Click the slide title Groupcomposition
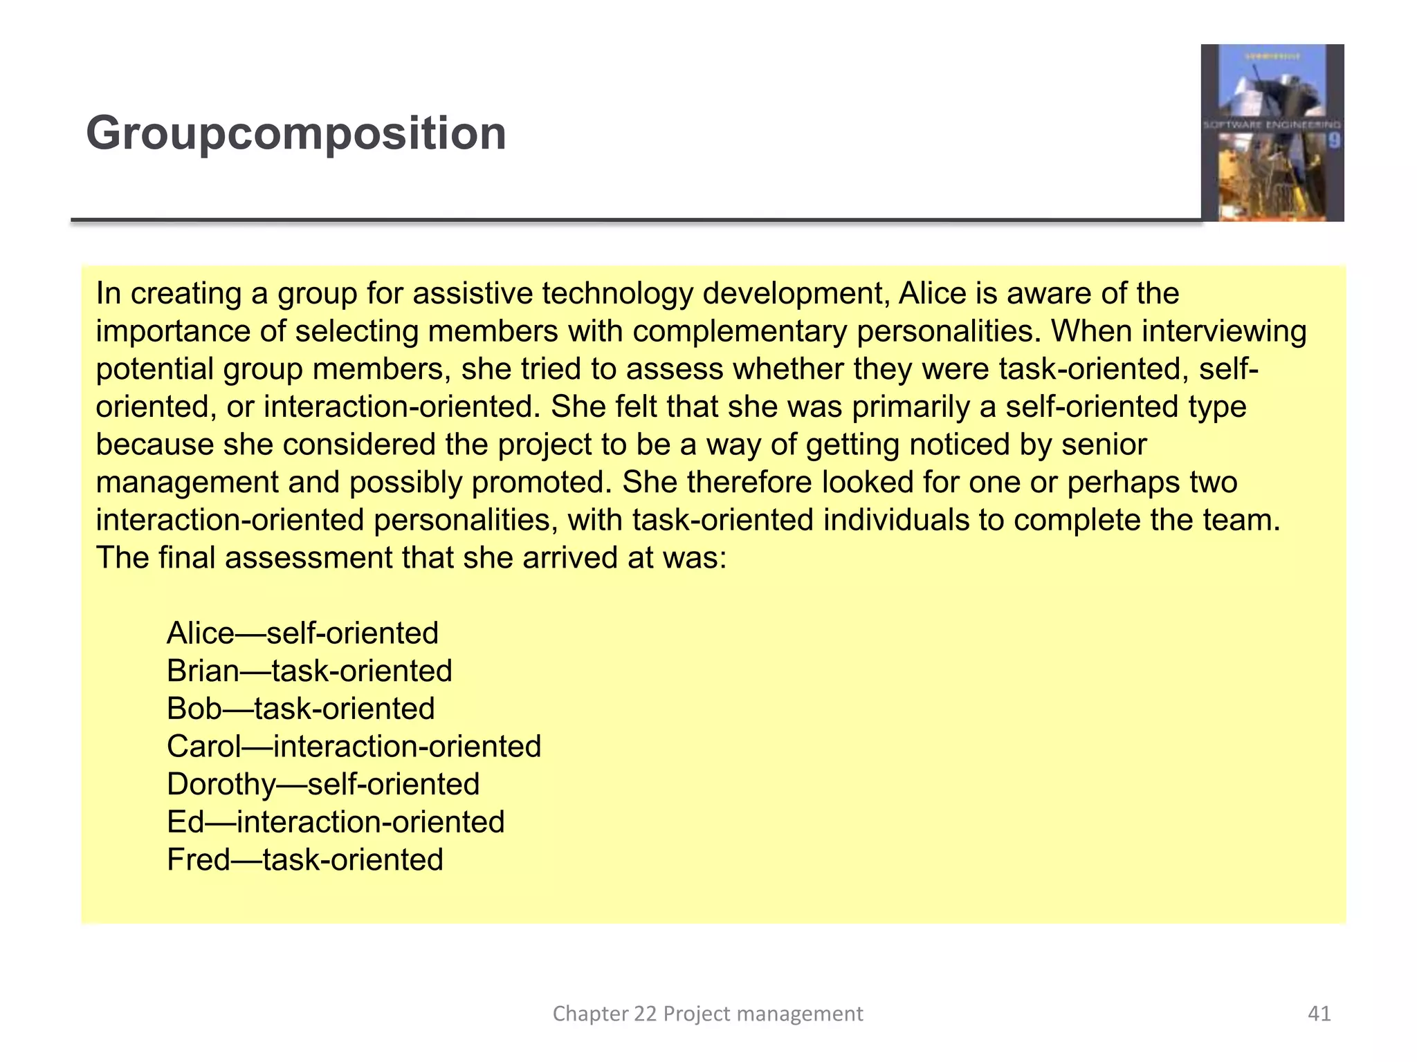296,133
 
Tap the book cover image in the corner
1272,133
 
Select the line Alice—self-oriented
302,633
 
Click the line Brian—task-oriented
309,671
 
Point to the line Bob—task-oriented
300,709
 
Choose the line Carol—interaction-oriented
354,747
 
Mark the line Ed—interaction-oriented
336,822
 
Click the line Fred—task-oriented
304,860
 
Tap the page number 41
1319,1014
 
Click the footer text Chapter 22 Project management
707,1014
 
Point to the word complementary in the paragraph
739,332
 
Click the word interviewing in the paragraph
1223,332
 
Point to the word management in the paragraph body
187,483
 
